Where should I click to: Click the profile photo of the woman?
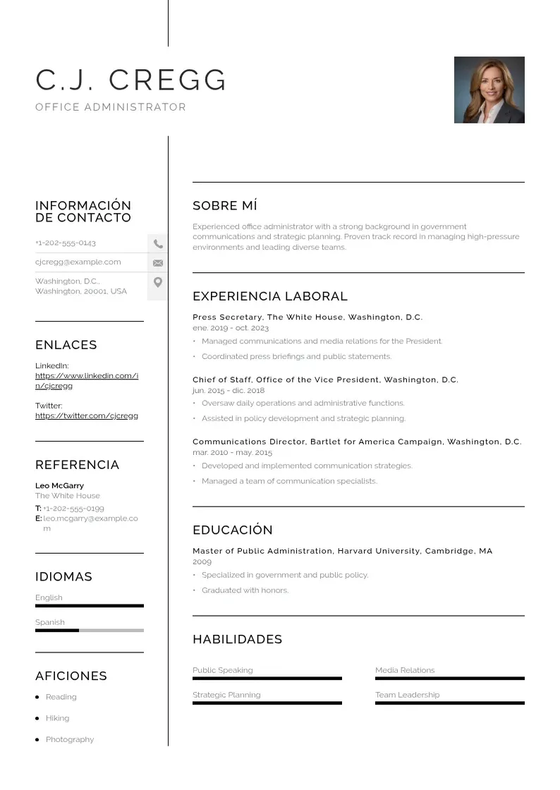pos(489,90)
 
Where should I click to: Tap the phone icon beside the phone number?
pos(158,243)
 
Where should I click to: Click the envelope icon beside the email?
pos(158,262)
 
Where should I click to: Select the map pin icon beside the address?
pos(158,282)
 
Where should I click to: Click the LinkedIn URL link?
pos(86,380)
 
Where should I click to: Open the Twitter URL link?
pos(86,415)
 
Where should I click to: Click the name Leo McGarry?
pos(59,485)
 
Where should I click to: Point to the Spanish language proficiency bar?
pos(89,630)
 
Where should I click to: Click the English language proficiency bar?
pos(89,605)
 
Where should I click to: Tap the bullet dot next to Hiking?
pos(37,718)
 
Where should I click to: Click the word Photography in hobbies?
pos(69,739)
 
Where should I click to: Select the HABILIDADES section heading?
pos(237,639)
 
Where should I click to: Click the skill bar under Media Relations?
pos(449,678)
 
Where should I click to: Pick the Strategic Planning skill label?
pos(226,695)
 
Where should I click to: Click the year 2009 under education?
pos(202,562)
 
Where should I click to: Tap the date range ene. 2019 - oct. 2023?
pos(230,328)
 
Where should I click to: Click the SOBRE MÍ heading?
pos(224,205)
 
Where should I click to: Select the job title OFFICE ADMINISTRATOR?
pos(111,107)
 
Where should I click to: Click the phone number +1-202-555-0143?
pos(66,243)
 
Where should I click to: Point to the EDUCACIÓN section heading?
pos(232,530)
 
